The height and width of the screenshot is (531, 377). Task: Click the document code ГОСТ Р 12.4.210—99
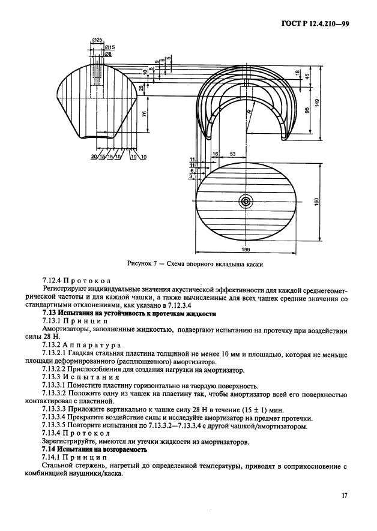(x=315, y=23)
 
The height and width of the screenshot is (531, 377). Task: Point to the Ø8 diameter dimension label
(x=108, y=54)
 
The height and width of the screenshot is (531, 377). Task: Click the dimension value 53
(x=232, y=154)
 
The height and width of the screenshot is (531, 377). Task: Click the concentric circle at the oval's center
(x=246, y=202)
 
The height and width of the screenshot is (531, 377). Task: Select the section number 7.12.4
(x=53, y=280)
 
